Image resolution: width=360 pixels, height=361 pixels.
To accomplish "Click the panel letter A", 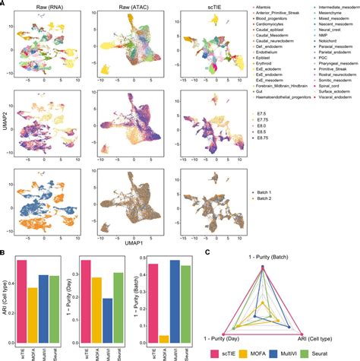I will (x=4, y=4).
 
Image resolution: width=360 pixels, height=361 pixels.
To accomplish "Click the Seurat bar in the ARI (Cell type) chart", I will (x=55, y=304).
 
